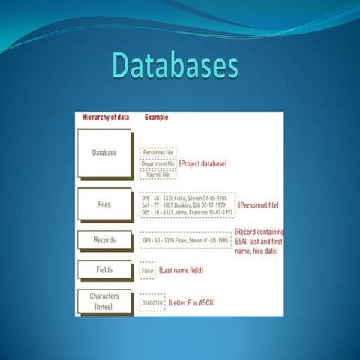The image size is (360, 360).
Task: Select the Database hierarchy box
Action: [104, 153]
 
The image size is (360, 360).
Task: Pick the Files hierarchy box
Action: [104, 202]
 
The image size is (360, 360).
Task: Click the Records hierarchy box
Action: [104, 241]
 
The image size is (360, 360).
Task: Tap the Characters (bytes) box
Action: [104, 301]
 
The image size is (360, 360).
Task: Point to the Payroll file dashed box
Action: [158, 175]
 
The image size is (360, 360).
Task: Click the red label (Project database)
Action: [202, 163]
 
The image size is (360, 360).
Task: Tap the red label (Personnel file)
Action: [259, 202]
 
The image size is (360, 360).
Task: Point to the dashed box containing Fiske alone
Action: [147, 269]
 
